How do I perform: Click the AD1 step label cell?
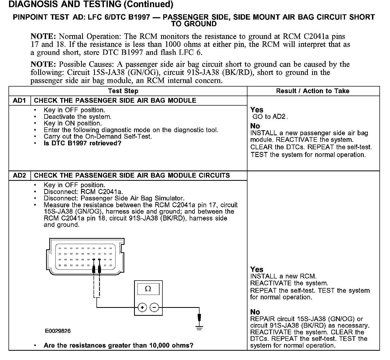pos(20,101)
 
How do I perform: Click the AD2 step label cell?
pos(20,175)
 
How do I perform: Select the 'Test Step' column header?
pos(123,91)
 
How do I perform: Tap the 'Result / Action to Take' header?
pos(313,91)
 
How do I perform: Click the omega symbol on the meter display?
pos(148,289)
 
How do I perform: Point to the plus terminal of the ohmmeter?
pos(142,307)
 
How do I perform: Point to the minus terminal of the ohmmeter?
pos(154,307)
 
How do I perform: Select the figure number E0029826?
pos(58,331)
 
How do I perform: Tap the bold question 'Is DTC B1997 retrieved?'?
pos(82,143)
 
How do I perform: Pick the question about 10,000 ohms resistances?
pos(118,345)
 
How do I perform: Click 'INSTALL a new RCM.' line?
pos(283,277)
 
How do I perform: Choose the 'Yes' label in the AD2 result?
pos(257,269)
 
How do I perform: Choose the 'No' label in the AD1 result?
pos(255,126)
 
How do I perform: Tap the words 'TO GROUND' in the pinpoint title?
pos(194,24)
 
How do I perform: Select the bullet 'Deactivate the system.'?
pos(78,117)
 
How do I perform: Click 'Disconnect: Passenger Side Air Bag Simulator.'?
pos(114,198)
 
